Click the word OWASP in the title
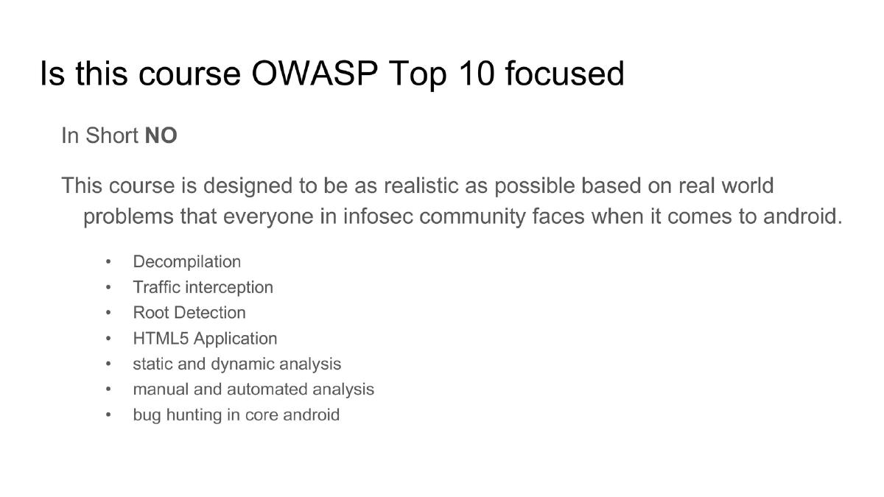315,74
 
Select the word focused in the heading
565,74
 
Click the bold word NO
161,135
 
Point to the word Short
112,135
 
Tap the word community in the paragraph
472,217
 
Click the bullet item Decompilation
186,262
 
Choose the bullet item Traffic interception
203,288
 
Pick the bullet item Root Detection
189,313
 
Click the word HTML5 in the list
161,339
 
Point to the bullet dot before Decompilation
108,262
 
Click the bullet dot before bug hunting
108,415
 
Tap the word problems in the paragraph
128,217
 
